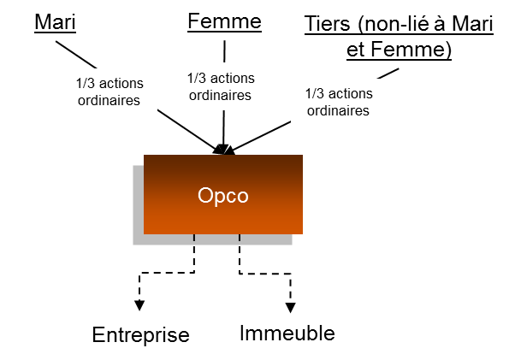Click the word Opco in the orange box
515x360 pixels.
[x=222, y=196]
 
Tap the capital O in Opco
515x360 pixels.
[x=206, y=196]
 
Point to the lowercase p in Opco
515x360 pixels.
[x=219, y=198]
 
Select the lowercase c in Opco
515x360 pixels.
[x=231, y=197]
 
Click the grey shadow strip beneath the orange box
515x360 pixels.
[x=214, y=239]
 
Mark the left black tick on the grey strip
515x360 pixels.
[x=194, y=237]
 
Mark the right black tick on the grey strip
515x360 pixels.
[x=240, y=237]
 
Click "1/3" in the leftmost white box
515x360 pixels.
[x=86, y=84]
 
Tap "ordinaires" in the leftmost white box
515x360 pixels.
[x=110, y=101]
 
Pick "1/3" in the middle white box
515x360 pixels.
[x=197, y=78]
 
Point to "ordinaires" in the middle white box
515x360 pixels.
[x=221, y=95]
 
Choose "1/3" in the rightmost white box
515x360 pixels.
[x=315, y=94]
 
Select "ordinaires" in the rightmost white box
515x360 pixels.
[x=339, y=111]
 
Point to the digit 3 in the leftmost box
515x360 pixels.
[x=92, y=84]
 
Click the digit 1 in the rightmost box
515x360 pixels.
[x=309, y=94]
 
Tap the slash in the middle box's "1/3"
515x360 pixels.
[x=197, y=78]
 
